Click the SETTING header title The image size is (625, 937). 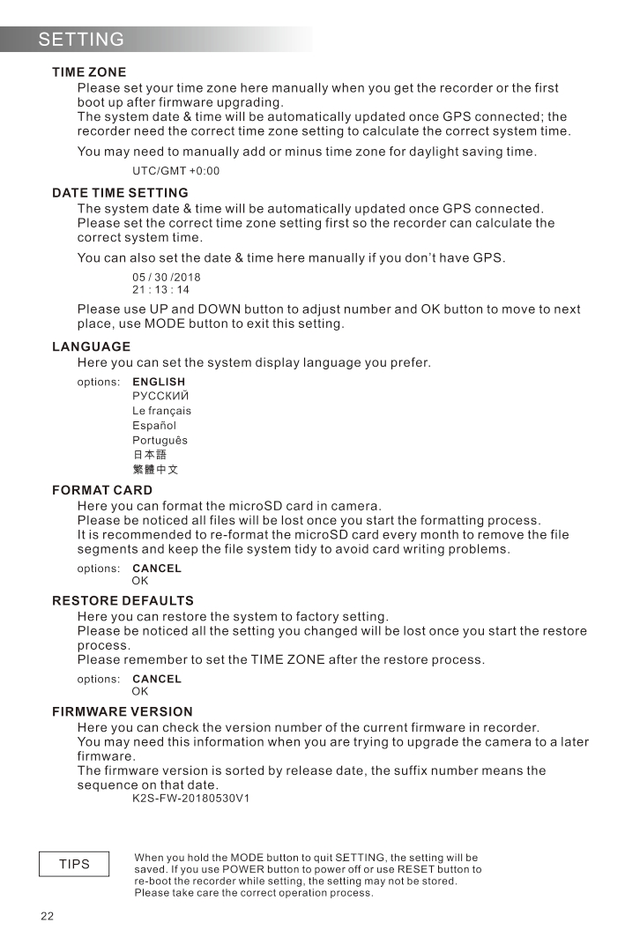(x=81, y=40)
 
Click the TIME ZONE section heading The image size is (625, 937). (x=89, y=72)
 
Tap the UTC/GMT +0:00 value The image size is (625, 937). (x=175, y=171)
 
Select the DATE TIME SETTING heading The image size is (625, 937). (x=120, y=193)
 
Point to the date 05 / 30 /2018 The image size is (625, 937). (x=167, y=277)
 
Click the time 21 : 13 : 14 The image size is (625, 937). (x=160, y=289)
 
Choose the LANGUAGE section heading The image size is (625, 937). (x=91, y=347)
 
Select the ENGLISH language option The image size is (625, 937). (x=159, y=383)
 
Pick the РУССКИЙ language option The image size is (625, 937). (x=160, y=396)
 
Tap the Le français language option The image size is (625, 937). (x=161, y=411)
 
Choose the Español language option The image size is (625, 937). (x=154, y=426)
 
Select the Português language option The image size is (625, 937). (x=160, y=441)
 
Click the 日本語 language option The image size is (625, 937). (x=149, y=455)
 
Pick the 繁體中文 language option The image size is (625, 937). (x=155, y=470)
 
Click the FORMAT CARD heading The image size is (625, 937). (x=102, y=490)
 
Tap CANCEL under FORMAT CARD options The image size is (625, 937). (x=157, y=569)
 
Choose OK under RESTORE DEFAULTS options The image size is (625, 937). (x=140, y=692)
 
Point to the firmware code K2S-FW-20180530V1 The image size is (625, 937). (x=190, y=799)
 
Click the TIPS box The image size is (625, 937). (x=75, y=864)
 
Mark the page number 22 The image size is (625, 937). (x=48, y=917)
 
